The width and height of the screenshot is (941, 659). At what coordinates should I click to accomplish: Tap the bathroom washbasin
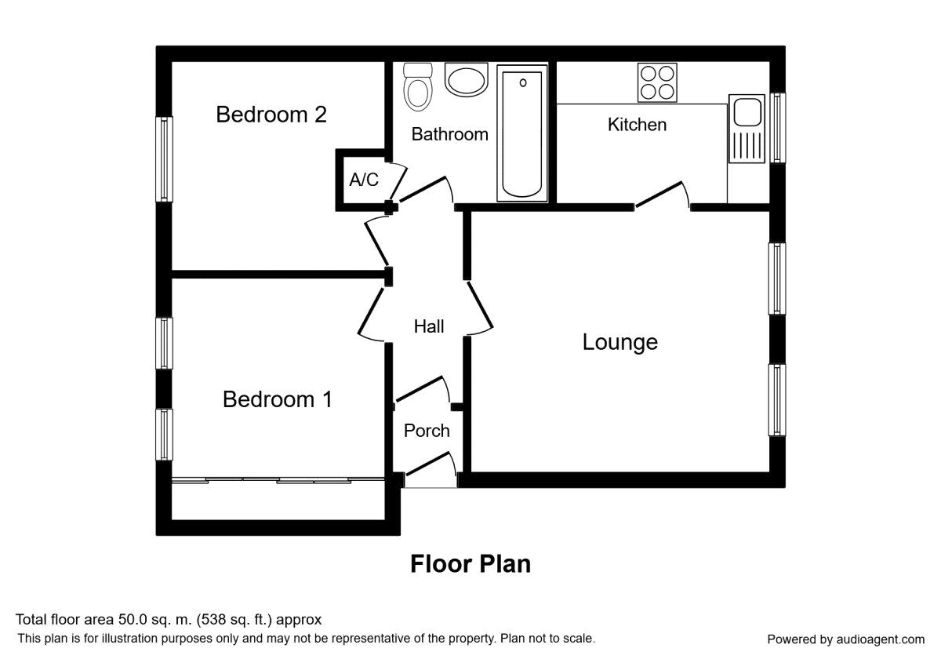point(466,79)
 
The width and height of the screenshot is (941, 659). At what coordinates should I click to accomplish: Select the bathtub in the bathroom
point(521,133)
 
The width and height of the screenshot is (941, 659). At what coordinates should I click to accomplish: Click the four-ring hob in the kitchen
point(657,82)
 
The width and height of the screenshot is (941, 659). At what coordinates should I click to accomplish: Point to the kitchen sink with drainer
point(746,129)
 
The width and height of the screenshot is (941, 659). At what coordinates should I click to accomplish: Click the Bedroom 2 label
point(271,115)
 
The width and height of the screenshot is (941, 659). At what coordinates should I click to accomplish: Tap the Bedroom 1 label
point(278,399)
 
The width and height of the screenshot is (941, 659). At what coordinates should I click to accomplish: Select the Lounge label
point(619,342)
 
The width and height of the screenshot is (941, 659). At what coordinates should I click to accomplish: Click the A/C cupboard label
point(364,180)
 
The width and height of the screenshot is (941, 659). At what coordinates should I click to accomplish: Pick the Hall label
point(429,326)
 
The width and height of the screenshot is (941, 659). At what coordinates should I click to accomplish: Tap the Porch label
point(427,431)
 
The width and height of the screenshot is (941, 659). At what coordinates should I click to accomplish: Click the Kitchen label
point(637,125)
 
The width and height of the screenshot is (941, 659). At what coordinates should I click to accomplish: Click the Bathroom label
point(450,134)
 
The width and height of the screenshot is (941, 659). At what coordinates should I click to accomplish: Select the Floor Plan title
point(470,564)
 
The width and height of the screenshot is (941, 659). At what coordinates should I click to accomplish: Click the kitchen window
point(777,127)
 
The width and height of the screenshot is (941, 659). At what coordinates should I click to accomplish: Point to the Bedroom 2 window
point(164,159)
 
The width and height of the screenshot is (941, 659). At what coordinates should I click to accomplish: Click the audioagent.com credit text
point(845,639)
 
